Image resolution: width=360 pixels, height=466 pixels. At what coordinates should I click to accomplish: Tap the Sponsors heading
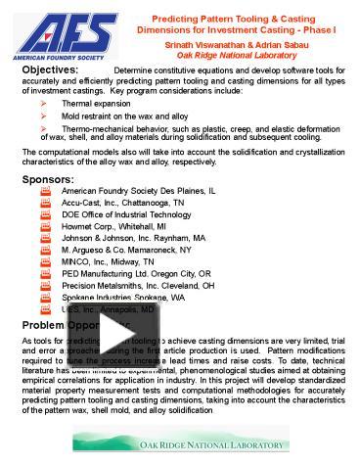tap(47, 179)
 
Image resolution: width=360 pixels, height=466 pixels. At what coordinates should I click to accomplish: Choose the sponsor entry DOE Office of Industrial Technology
tap(126, 214)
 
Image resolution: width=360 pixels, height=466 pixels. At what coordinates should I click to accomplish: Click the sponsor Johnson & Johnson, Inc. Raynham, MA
tap(133, 238)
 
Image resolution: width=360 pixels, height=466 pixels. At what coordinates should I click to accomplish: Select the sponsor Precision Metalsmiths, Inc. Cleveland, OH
tap(137, 285)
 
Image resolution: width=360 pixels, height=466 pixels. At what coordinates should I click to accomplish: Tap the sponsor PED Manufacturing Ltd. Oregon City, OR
tap(133, 273)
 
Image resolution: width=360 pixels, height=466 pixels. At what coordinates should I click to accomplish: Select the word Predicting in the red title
tap(177, 19)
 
